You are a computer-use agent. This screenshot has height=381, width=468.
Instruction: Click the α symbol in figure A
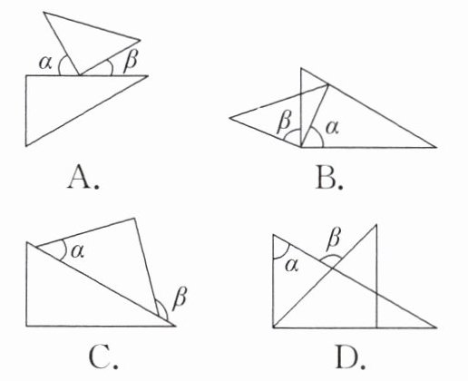point(45,63)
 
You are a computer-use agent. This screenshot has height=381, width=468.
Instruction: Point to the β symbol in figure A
point(131,62)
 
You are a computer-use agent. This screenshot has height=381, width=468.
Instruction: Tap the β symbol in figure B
point(284,123)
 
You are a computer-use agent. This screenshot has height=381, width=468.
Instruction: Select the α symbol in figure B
point(332,128)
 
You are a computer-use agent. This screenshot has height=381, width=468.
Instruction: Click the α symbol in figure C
point(77,251)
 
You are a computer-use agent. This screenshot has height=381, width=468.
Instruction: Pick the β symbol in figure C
point(180,298)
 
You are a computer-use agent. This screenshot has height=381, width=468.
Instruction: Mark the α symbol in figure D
point(292,266)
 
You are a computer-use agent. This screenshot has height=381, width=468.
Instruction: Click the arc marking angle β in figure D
point(330,256)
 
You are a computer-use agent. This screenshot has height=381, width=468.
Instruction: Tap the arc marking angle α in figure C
point(65,249)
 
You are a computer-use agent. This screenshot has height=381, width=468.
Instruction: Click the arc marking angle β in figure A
point(112,66)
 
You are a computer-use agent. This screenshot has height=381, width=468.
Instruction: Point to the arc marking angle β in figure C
point(164,307)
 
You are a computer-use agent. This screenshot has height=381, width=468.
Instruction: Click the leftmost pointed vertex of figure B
point(229,118)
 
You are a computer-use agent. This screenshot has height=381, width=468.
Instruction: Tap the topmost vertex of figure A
point(44,13)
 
